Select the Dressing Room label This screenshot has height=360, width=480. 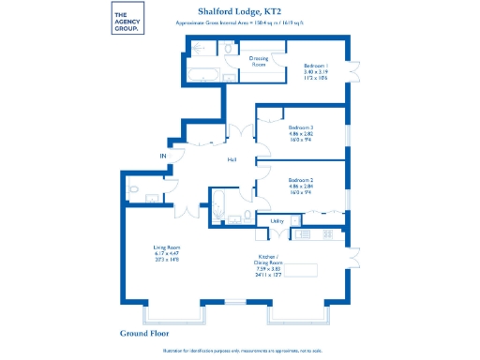coord(259,61)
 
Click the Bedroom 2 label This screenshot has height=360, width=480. coord(300,185)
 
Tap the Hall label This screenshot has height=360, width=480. coord(231,159)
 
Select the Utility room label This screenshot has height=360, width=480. coord(277,221)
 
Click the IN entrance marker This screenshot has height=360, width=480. coord(161,155)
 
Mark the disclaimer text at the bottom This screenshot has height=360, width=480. coord(240,350)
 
